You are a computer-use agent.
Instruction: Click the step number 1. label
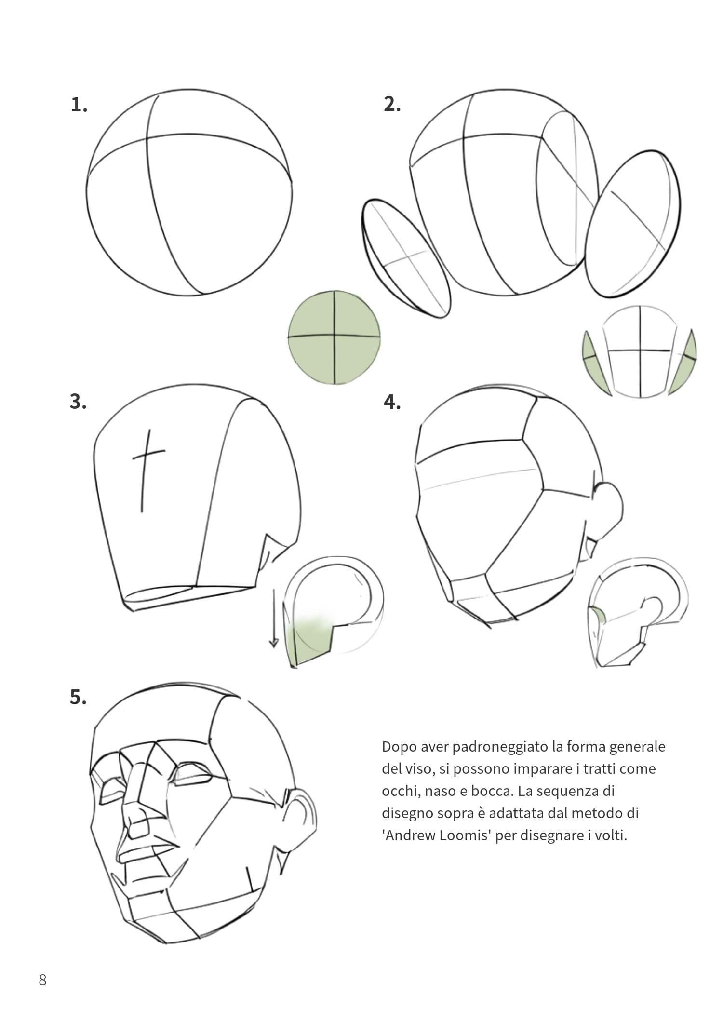coord(79,105)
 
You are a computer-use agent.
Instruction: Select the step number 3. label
coord(78,402)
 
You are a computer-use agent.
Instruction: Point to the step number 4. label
coord(392,402)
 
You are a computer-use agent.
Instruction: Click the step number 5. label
coord(78,698)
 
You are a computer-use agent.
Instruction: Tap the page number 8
coord(42,980)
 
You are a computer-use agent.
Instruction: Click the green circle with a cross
coord(334,337)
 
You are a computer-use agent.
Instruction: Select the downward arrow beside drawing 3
coord(274,618)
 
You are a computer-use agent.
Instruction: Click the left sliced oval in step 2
coord(406,258)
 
